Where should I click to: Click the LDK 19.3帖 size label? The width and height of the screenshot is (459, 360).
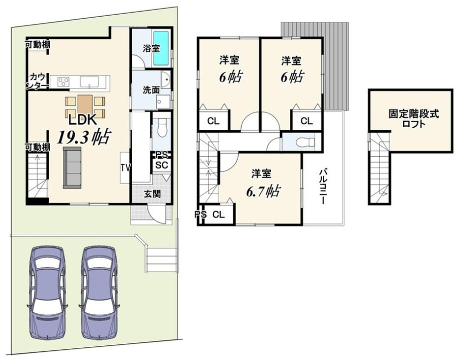(x=83, y=136)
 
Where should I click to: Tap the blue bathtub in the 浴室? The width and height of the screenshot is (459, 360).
(x=161, y=48)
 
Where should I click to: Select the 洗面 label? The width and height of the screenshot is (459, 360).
(x=151, y=90)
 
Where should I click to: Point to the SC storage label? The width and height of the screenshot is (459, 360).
(x=162, y=165)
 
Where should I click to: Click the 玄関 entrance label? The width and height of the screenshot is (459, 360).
(x=152, y=194)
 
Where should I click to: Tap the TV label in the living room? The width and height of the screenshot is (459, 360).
(x=126, y=168)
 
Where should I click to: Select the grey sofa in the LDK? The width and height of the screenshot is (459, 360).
(x=71, y=167)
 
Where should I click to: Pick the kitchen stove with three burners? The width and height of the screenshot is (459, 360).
(x=63, y=81)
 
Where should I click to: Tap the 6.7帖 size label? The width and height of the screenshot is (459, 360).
(x=263, y=191)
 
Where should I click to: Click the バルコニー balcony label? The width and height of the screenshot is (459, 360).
(x=323, y=186)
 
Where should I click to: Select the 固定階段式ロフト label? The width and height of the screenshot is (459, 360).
(x=413, y=118)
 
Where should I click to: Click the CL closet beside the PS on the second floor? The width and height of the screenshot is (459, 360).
(x=218, y=214)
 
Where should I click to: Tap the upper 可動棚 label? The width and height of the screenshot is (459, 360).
(x=37, y=45)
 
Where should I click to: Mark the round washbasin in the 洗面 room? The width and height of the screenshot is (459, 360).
(x=165, y=79)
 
